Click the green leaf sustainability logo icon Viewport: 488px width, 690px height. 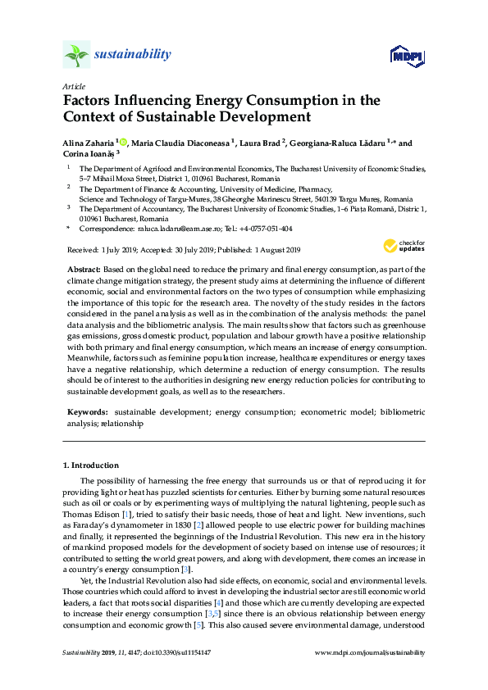click(75, 55)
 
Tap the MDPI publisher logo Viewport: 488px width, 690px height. click(407, 55)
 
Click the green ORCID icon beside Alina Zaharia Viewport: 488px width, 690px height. click(124, 141)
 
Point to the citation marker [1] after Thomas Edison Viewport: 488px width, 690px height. click(125, 511)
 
